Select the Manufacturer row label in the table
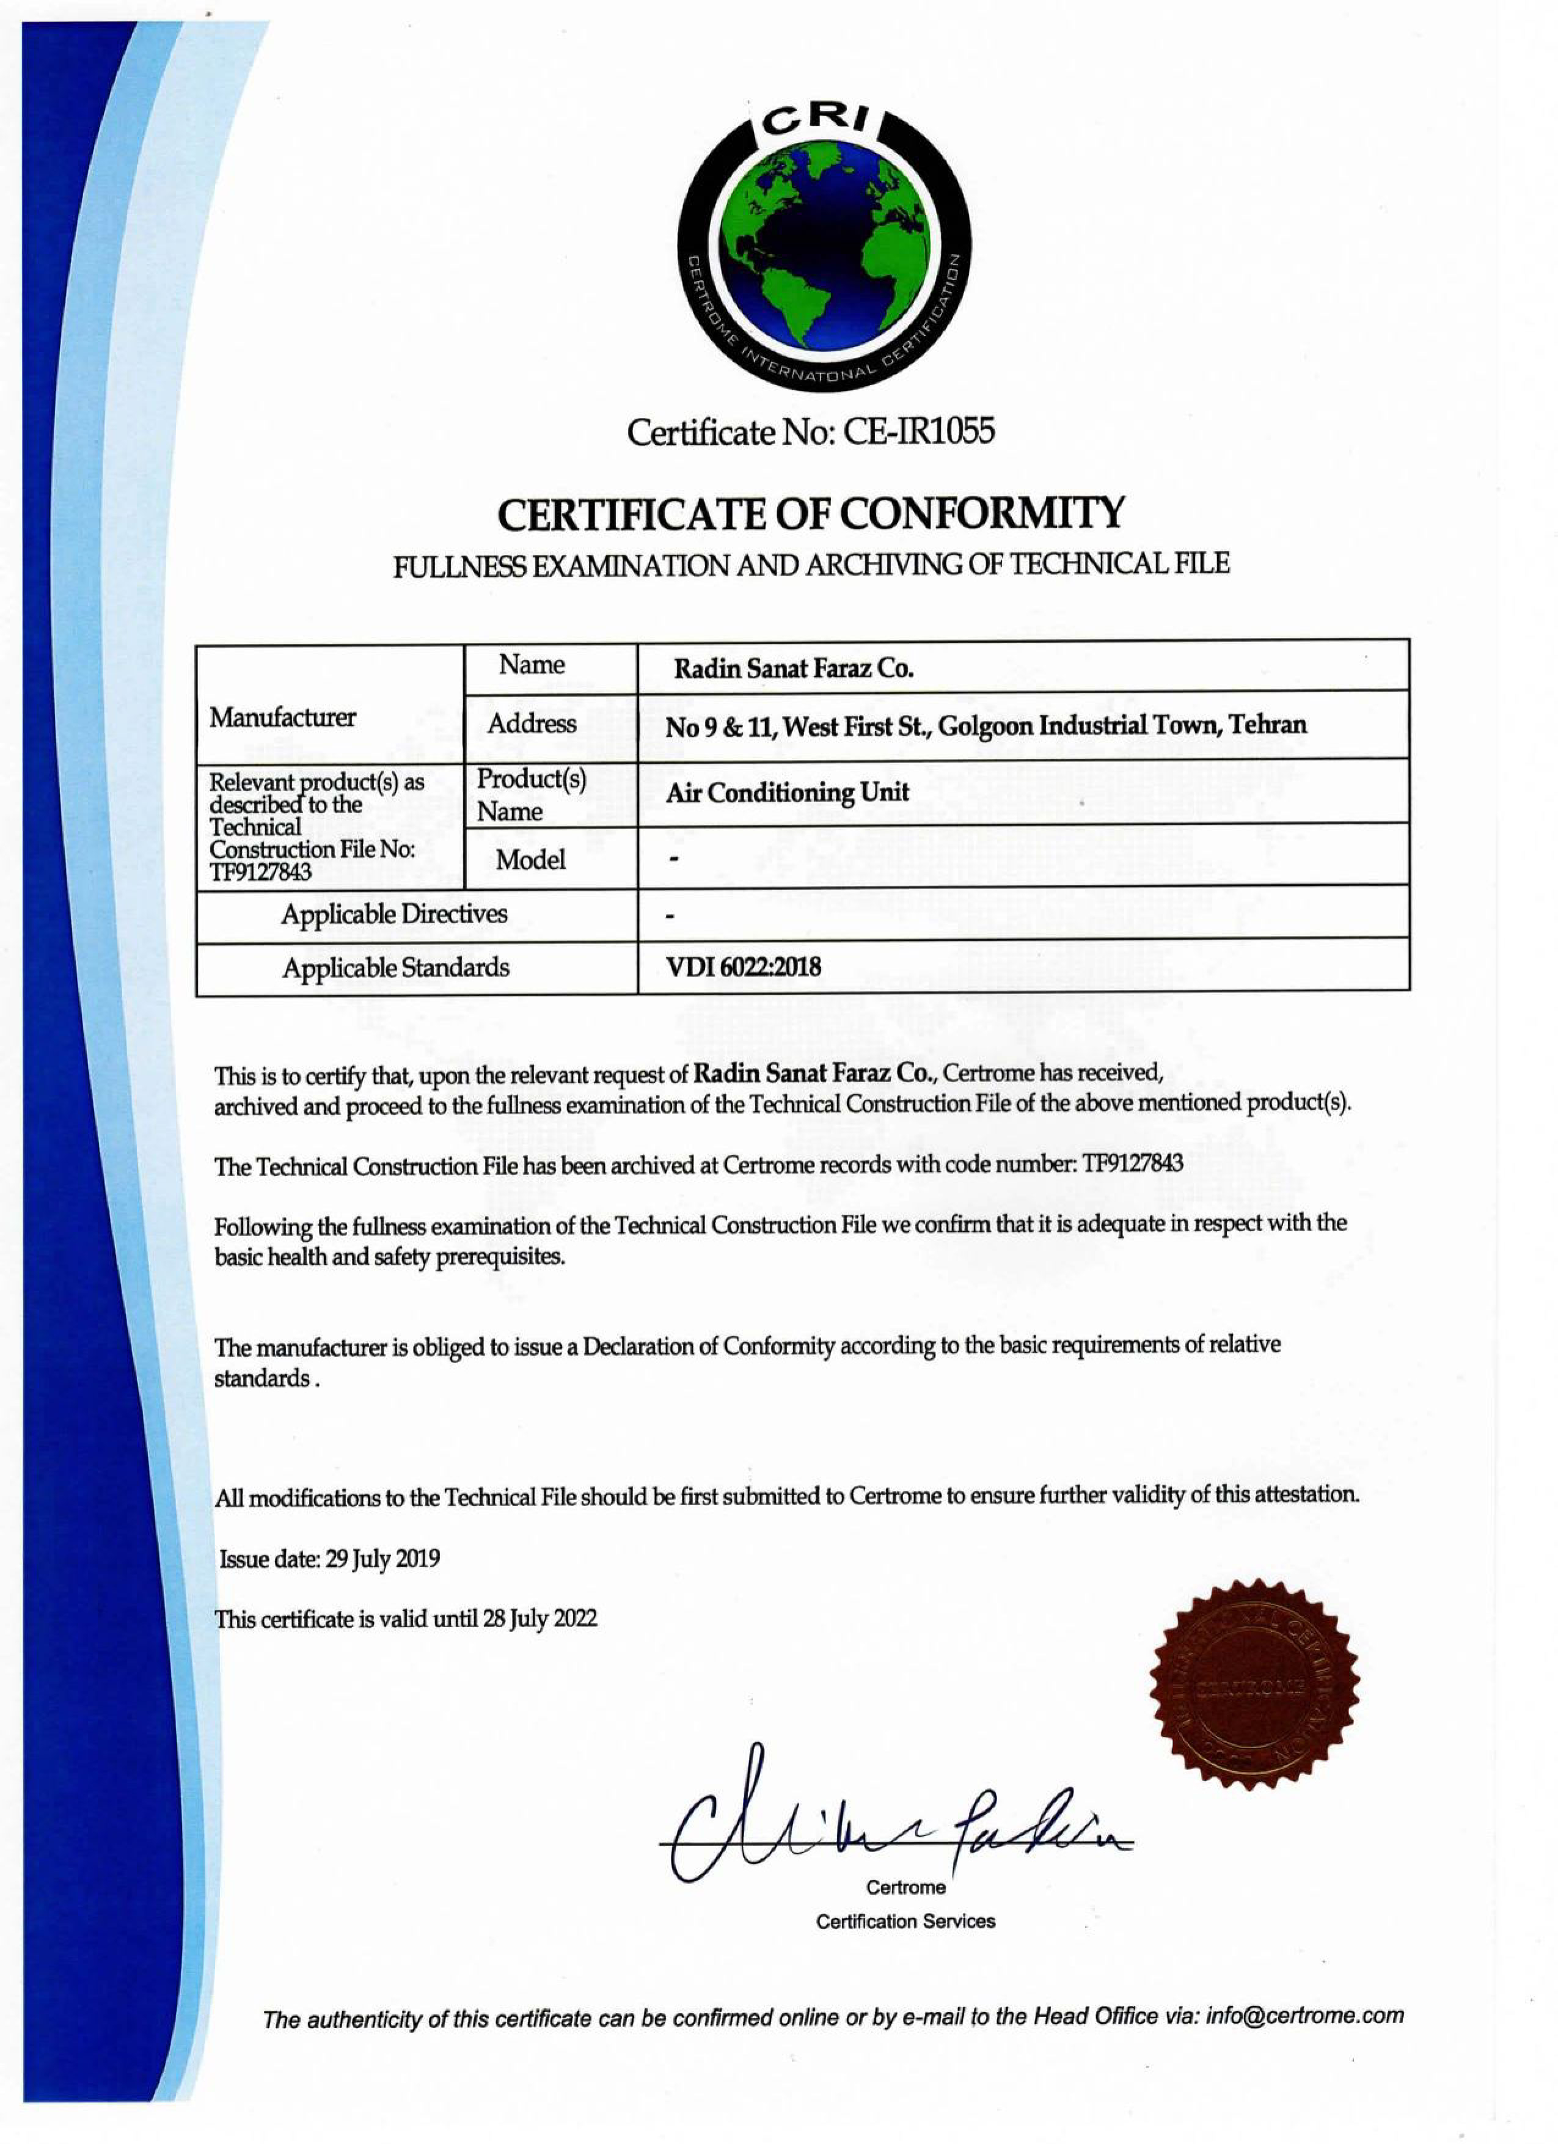pos(283,717)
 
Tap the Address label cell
pos(532,724)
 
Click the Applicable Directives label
pos(393,914)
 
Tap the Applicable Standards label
pos(395,968)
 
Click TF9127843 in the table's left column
pos(260,871)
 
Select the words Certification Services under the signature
pos(905,1922)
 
